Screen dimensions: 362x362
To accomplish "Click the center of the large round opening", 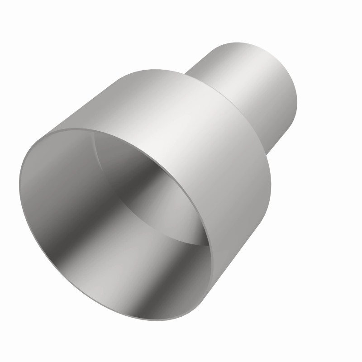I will click(115, 224).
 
